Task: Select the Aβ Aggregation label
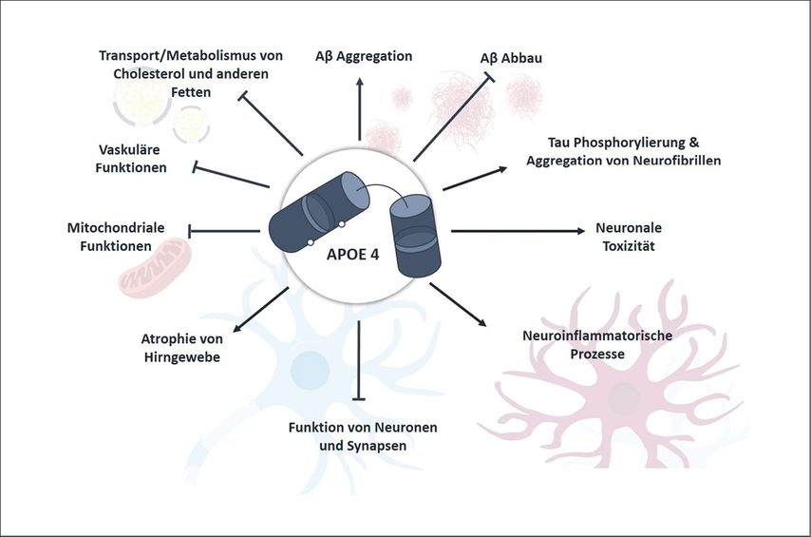[364, 56]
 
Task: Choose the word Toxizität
[628, 245]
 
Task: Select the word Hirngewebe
[181, 356]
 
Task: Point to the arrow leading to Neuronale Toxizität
[518, 230]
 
